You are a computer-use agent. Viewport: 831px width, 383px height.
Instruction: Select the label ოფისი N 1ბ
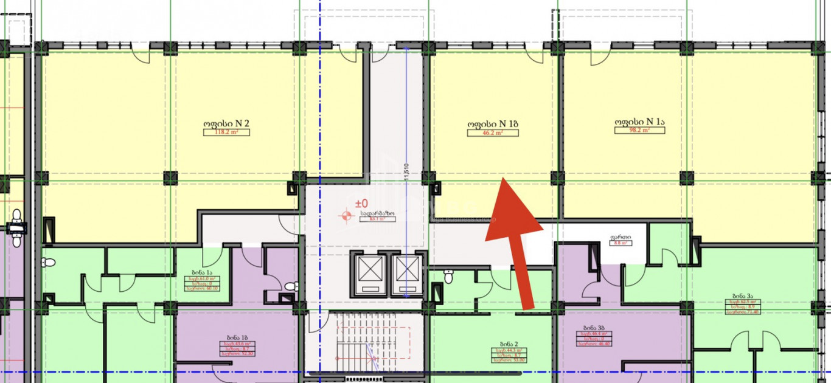(x=493, y=124)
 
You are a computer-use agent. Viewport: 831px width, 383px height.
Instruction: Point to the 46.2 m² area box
(x=493, y=133)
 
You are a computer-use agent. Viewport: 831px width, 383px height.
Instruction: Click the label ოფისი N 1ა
(x=640, y=122)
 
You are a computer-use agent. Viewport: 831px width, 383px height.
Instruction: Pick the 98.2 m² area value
(x=640, y=130)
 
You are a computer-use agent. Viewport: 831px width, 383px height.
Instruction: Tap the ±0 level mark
(x=362, y=203)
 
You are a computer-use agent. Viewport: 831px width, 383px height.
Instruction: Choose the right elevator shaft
(x=406, y=271)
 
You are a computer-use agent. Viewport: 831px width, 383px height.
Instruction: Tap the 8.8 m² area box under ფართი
(x=620, y=243)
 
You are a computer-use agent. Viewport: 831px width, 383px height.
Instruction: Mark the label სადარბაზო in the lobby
(x=378, y=213)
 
